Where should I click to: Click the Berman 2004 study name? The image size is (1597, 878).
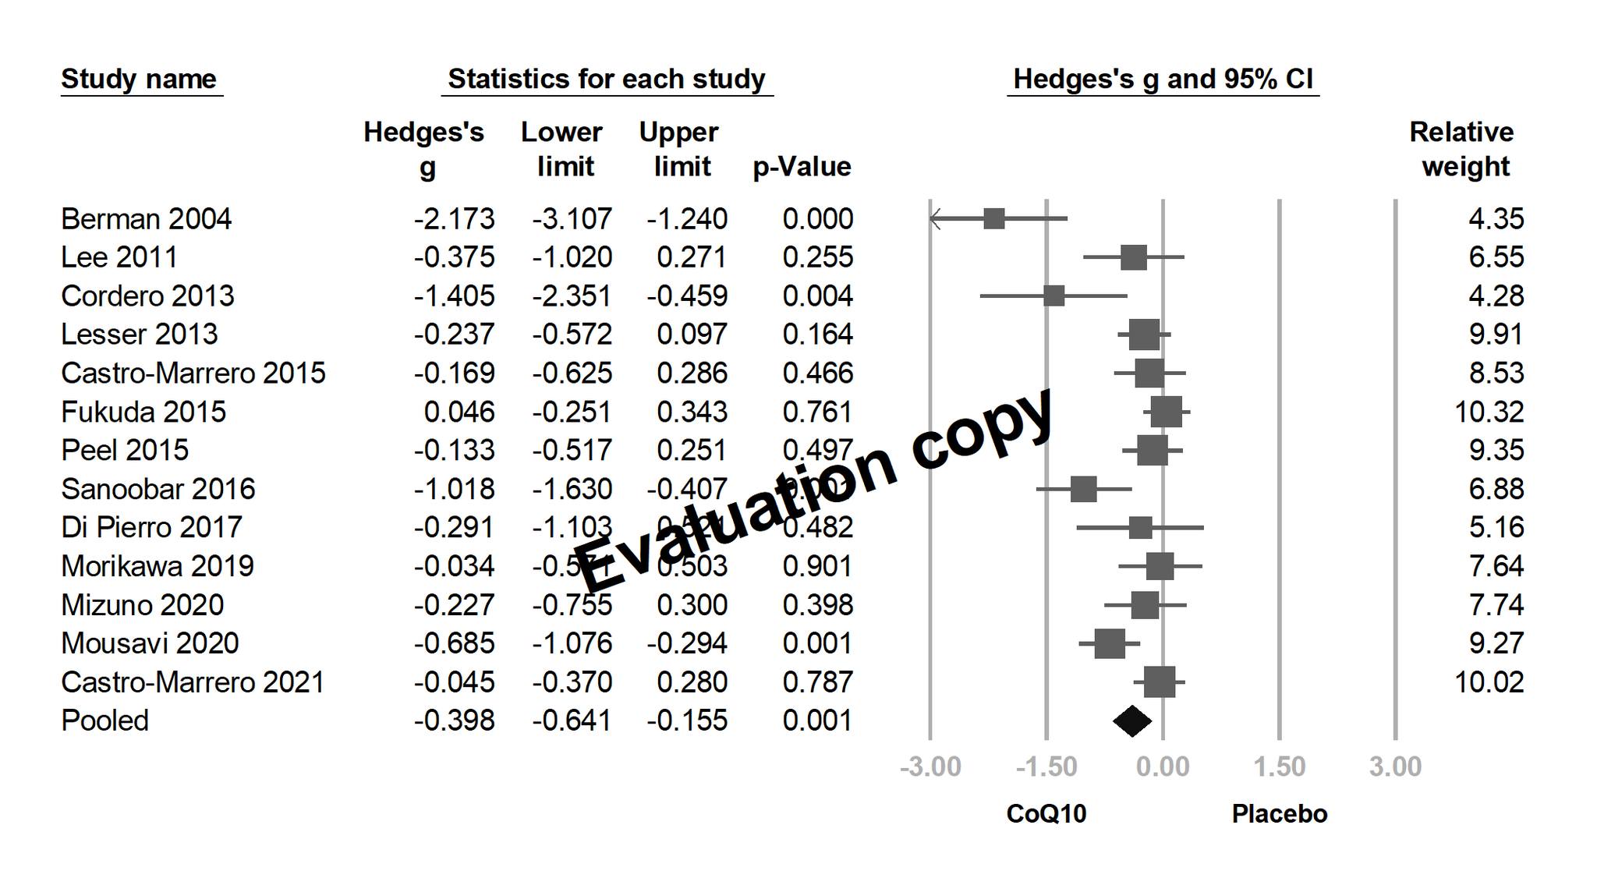pyautogui.click(x=146, y=219)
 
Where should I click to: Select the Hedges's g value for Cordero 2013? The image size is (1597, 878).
pyautogui.click(x=454, y=296)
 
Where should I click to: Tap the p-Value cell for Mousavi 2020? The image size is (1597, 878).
pyautogui.click(x=817, y=643)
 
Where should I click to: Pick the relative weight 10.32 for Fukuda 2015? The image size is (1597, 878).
pyautogui.click(x=1489, y=412)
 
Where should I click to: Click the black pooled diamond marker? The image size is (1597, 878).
pyautogui.click(x=1132, y=720)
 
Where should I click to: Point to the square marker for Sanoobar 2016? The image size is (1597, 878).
pyautogui.click(x=1083, y=489)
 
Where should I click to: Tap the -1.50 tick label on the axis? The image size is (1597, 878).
pyautogui.click(x=1046, y=766)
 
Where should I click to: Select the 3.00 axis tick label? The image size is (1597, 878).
pyautogui.click(x=1395, y=766)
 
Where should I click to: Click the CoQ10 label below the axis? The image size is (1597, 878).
pyautogui.click(x=1046, y=814)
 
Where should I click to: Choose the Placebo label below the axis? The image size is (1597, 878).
pyautogui.click(x=1279, y=814)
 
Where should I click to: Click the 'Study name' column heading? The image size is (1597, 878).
pyautogui.click(x=139, y=79)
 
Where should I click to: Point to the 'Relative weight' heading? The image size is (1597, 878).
pyautogui.click(x=1461, y=149)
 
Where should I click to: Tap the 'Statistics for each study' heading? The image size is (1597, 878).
pyautogui.click(x=607, y=79)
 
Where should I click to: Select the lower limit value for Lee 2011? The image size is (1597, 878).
pyautogui.click(x=572, y=257)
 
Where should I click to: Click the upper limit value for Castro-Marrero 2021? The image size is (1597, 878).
pyautogui.click(x=692, y=682)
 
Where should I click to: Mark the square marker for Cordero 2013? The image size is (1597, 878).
pyautogui.click(x=1053, y=296)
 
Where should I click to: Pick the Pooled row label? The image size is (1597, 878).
pyautogui.click(x=104, y=720)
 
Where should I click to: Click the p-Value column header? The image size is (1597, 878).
pyautogui.click(x=802, y=167)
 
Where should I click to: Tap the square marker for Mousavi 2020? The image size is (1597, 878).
pyautogui.click(x=1109, y=643)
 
